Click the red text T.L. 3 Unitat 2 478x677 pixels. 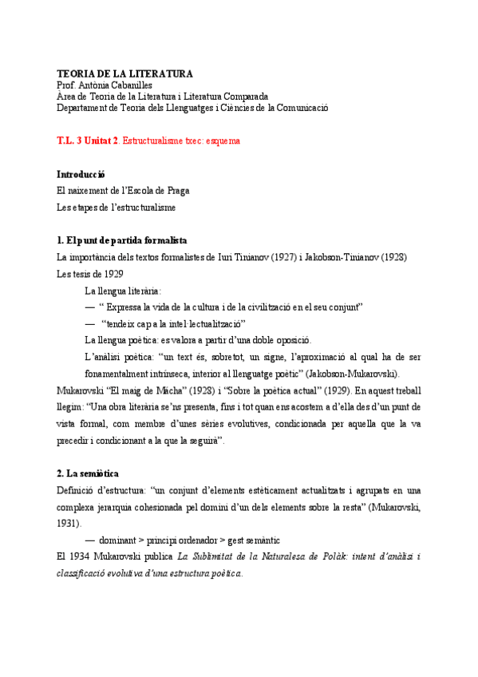pos(87,141)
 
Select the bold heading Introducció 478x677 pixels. pos(81,174)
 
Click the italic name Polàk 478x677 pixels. pos(345,556)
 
